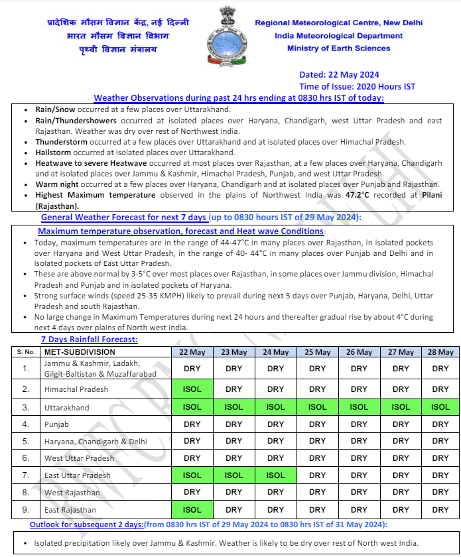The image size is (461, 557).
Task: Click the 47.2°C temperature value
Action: (360, 195)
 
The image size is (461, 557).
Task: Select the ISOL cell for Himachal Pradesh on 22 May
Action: (192, 389)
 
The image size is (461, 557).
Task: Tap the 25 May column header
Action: (317, 352)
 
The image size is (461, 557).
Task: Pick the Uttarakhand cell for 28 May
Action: (440, 406)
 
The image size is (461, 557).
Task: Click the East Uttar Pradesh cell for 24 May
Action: (275, 475)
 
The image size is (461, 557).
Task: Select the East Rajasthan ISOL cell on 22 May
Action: (192, 510)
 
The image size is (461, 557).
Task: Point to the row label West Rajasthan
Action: (72, 493)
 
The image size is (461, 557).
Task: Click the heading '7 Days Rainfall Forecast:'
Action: (90, 340)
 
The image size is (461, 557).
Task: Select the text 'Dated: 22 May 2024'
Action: (339, 75)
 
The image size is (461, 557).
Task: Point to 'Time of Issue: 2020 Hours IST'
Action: (357, 87)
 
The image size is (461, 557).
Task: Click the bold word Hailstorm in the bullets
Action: (56, 153)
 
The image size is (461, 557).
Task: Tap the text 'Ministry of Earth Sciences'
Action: (338, 48)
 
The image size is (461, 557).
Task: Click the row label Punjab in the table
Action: (56, 424)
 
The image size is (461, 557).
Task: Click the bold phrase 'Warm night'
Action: (58, 184)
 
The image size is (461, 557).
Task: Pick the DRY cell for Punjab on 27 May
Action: (401, 424)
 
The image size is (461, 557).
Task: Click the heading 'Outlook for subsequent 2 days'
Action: (86, 525)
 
